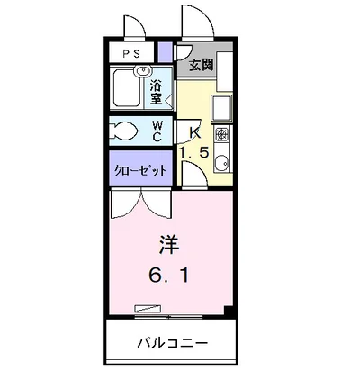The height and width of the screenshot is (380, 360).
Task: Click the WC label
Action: pos(157,130)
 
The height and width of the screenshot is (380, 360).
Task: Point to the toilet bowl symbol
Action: pos(125,131)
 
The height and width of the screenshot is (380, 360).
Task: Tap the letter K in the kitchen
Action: pos(194,131)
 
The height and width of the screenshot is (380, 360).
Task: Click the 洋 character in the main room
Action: pos(168,242)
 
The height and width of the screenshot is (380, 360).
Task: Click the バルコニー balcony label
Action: pos(173,342)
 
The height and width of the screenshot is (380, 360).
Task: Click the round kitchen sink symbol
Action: pos(222,165)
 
